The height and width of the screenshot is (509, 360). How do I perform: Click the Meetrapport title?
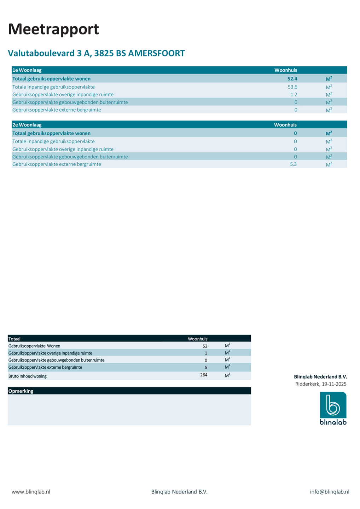point(53,29)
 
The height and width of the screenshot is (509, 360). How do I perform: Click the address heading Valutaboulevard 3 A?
point(96,53)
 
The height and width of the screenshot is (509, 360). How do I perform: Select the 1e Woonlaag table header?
point(27,70)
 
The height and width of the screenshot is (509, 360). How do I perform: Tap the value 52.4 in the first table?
point(292,78)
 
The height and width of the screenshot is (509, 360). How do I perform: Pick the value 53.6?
point(292,87)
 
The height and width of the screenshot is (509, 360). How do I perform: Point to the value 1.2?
point(294,95)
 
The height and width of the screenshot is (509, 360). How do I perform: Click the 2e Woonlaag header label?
point(27,125)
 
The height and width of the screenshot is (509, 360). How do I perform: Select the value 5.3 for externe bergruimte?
point(293,164)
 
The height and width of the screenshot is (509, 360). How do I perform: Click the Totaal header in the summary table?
point(14,339)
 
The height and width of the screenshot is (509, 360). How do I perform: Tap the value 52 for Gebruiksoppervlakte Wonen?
point(205,346)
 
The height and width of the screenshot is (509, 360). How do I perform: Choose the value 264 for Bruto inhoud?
point(204,375)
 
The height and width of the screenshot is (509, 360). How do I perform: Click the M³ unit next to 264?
point(227,375)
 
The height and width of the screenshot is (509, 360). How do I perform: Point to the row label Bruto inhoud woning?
point(28,376)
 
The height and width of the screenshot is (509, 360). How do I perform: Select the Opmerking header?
point(21,391)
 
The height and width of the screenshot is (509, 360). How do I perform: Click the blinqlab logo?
point(333,408)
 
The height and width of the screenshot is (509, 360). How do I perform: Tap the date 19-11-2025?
point(334,384)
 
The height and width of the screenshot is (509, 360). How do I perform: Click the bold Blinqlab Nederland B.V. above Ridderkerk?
point(320,377)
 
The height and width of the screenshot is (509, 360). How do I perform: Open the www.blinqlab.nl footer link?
point(31,492)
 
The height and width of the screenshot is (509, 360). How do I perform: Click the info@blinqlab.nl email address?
point(330,492)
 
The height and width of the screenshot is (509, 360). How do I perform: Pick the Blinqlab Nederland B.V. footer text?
point(179,492)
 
